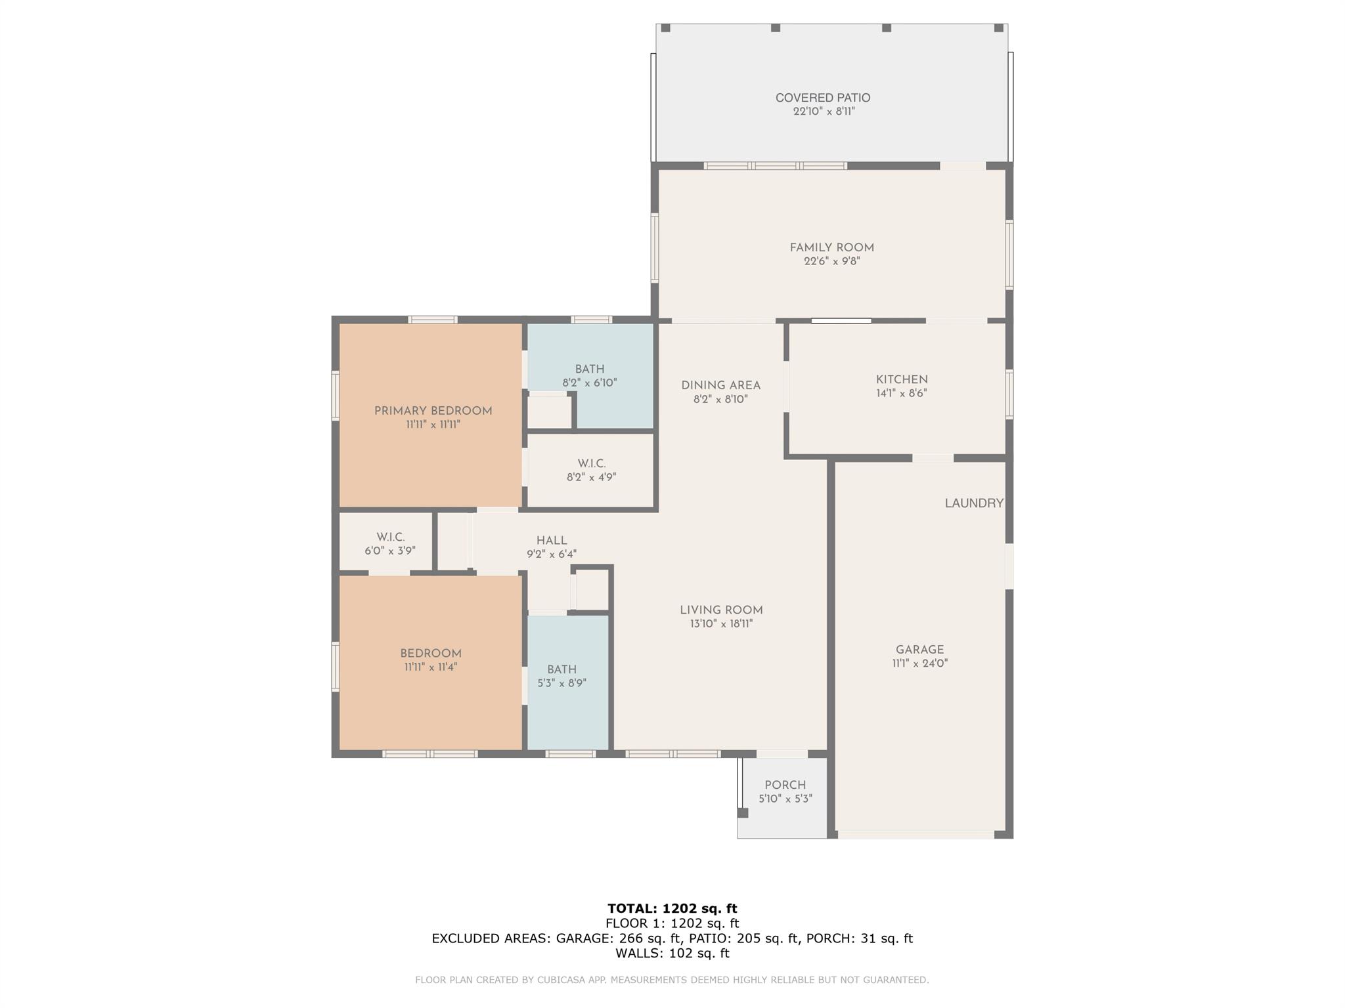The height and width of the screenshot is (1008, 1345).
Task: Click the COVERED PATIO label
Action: pos(823,98)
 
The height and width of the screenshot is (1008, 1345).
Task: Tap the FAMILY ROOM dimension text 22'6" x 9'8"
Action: pos(831,261)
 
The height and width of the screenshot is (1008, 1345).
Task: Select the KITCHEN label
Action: pos(902,379)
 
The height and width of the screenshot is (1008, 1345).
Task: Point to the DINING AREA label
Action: pos(720,385)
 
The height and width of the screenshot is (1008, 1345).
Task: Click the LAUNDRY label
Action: pos(974,503)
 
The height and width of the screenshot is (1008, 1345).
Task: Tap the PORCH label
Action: pos(785,785)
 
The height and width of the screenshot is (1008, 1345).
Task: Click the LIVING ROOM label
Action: pos(721,610)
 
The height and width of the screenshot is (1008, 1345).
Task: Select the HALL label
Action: pos(552,541)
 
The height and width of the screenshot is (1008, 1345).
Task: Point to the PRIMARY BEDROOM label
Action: pos(433,411)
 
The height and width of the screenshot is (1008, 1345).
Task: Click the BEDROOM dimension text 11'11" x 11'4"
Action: pos(431,667)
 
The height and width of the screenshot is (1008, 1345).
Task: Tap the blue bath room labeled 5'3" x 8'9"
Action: pos(568,682)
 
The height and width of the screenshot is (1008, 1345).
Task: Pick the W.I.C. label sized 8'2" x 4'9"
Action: pos(592,463)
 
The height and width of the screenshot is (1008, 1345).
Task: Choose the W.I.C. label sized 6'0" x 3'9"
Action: pos(390,537)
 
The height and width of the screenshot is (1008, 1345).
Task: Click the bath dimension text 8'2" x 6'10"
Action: pos(590,383)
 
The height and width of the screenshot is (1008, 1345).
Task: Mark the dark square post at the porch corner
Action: pos(743,812)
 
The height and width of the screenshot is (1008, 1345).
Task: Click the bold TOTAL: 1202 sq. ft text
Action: pos(672,908)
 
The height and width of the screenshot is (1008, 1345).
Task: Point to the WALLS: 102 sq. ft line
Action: pos(672,953)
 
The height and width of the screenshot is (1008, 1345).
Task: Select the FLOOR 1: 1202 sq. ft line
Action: pos(672,923)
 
